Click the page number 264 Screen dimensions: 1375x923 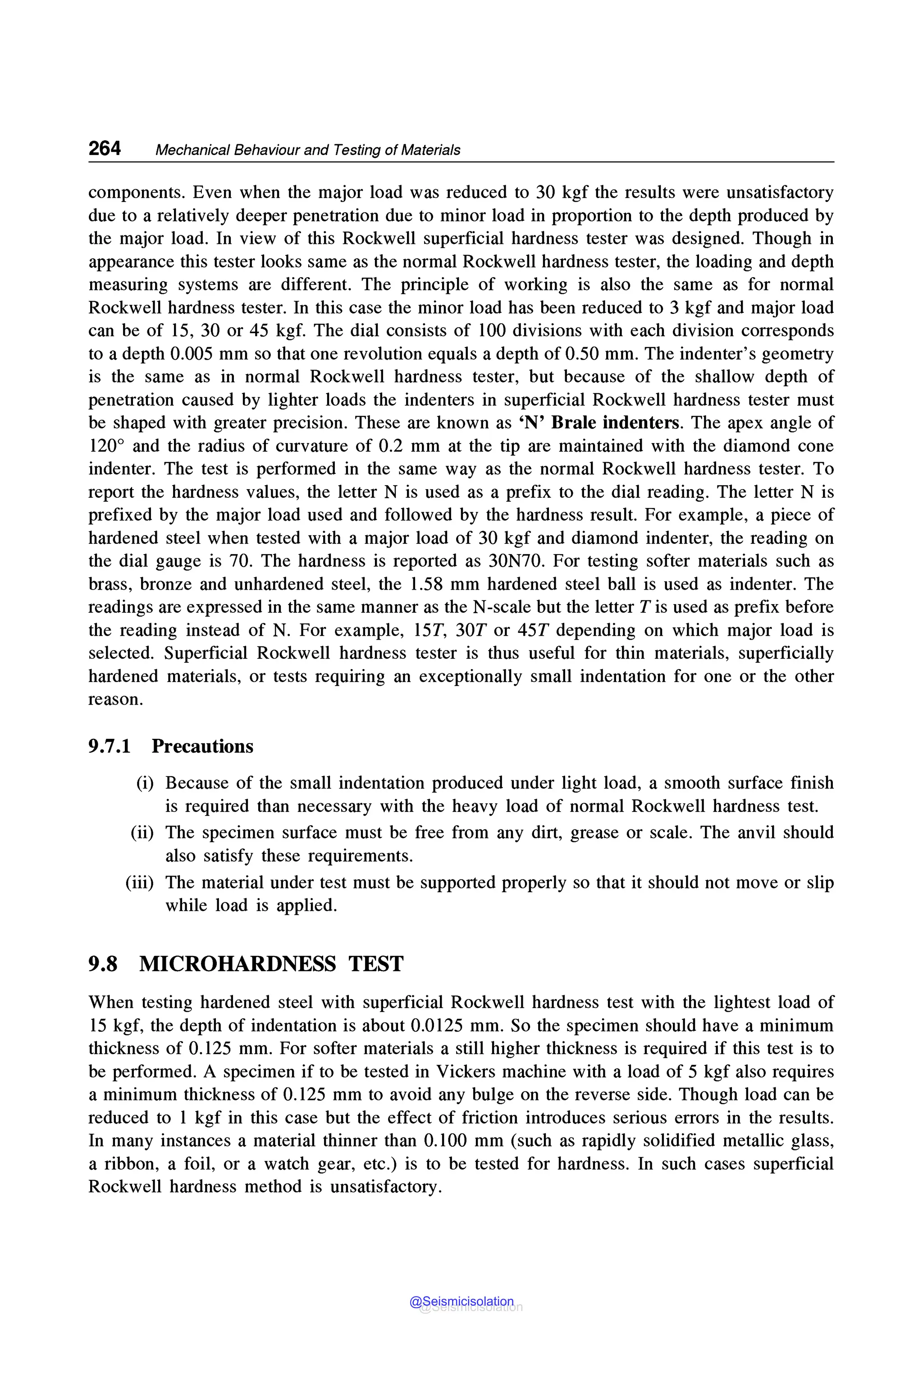105,148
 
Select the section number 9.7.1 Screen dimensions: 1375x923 110,747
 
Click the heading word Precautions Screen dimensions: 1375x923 202,747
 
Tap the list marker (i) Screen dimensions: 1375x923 145,783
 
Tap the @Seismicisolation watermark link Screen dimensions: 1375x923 461,1302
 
